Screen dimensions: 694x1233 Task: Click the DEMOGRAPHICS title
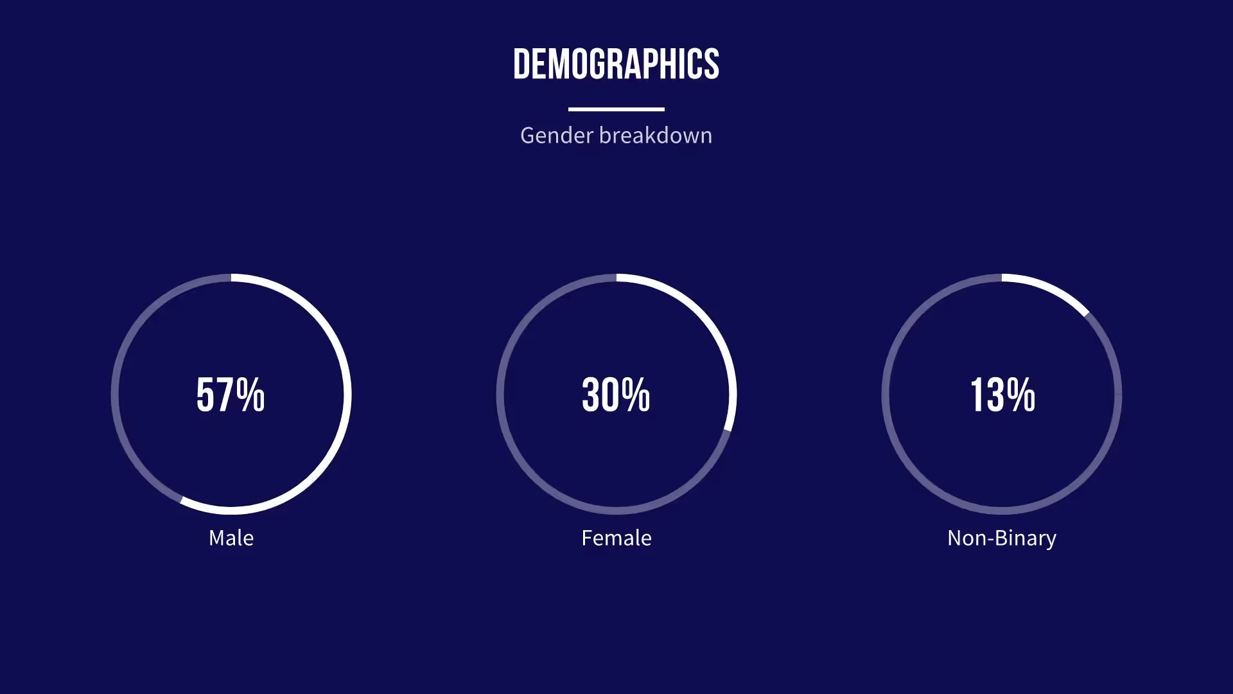[616, 64]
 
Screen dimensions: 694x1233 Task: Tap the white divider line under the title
[616, 109]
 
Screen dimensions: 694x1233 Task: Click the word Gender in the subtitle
[557, 136]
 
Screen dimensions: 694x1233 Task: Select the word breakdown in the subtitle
[656, 136]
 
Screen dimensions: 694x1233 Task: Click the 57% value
[231, 395]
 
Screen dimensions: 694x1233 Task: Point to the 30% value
[616, 395]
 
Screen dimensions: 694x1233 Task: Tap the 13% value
[1002, 395]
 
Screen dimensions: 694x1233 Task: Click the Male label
[231, 538]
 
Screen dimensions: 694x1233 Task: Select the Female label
[616, 538]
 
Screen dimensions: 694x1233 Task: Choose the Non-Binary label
[1002, 538]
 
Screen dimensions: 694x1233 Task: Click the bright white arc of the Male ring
[347, 395]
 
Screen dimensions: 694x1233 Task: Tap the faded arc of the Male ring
[116, 395]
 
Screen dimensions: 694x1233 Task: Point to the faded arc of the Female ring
[500, 395]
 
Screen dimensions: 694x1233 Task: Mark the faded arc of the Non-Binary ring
[886, 395]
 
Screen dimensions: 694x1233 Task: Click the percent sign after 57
[250, 395]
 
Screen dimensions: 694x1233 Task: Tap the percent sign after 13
[1021, 395]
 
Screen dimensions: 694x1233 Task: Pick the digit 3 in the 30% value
[591, 395]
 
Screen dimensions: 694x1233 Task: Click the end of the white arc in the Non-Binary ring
[1085, 313]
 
